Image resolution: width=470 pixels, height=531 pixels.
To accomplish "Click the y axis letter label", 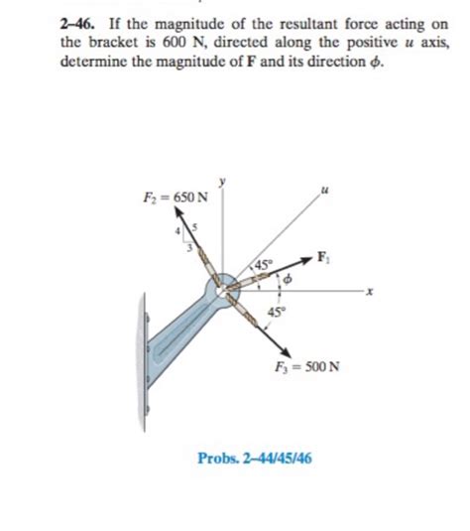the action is pos(223,181).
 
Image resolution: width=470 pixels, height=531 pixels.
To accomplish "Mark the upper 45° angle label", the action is pos(262,265).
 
